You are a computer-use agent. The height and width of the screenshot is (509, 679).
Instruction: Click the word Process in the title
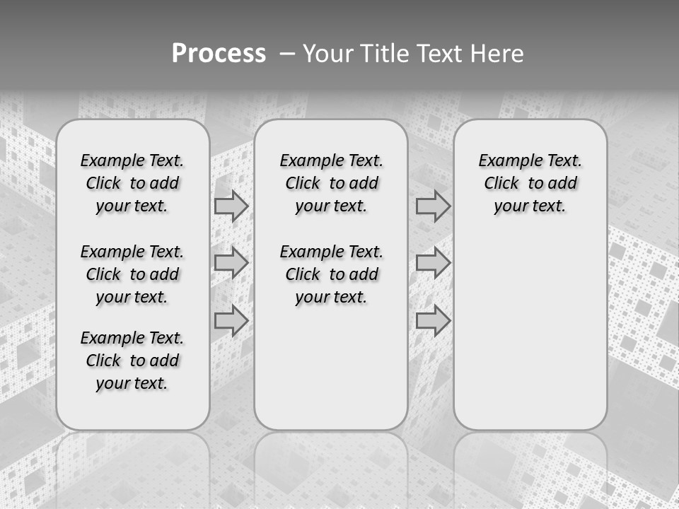coord(219,54)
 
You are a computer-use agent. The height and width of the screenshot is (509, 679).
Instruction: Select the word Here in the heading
coord(498,54)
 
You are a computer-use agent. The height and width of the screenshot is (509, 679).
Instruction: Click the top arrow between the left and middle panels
coord(231,206)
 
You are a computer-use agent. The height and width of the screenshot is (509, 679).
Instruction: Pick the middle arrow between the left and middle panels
coord(231,263)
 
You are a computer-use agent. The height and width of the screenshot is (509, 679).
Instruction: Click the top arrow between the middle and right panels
coord(433,206)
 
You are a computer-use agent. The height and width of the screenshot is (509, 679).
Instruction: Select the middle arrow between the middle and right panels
coord(433,263)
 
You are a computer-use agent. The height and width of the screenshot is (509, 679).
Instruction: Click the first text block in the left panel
coord(132,183)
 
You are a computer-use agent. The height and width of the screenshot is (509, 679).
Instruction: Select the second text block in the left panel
coord(132,274)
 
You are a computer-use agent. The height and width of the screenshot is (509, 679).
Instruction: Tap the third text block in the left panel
coord(132,361)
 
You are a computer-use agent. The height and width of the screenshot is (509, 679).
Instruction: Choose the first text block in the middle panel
coord(331,183)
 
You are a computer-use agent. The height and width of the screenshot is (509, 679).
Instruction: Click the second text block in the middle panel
coord(331,274)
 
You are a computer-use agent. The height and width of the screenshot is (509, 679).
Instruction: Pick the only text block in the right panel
coord(530,183)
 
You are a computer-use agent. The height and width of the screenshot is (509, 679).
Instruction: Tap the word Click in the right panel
coord(501,184)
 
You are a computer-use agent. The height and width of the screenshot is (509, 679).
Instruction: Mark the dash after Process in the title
coord(288,54)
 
